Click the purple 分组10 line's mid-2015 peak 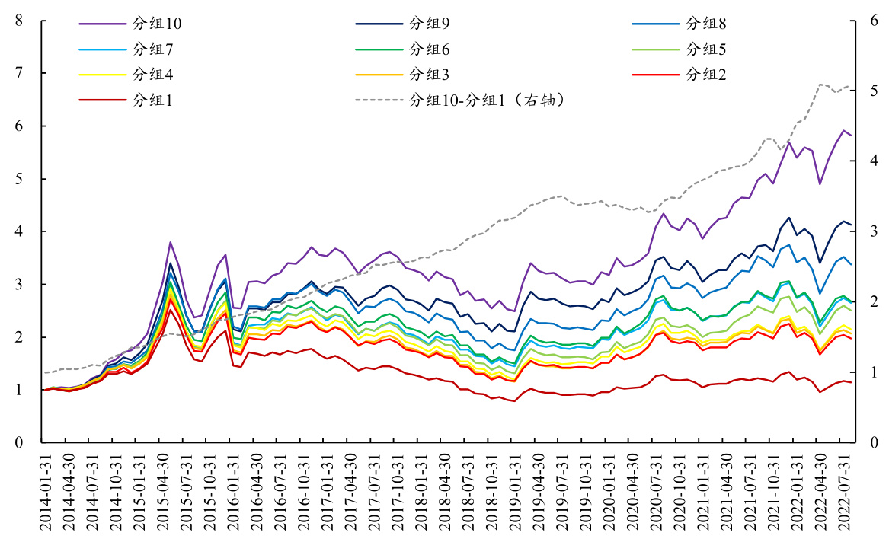coord(171,242)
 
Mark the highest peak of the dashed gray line coord(820,84)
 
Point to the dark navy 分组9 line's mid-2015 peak coord(171,263)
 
